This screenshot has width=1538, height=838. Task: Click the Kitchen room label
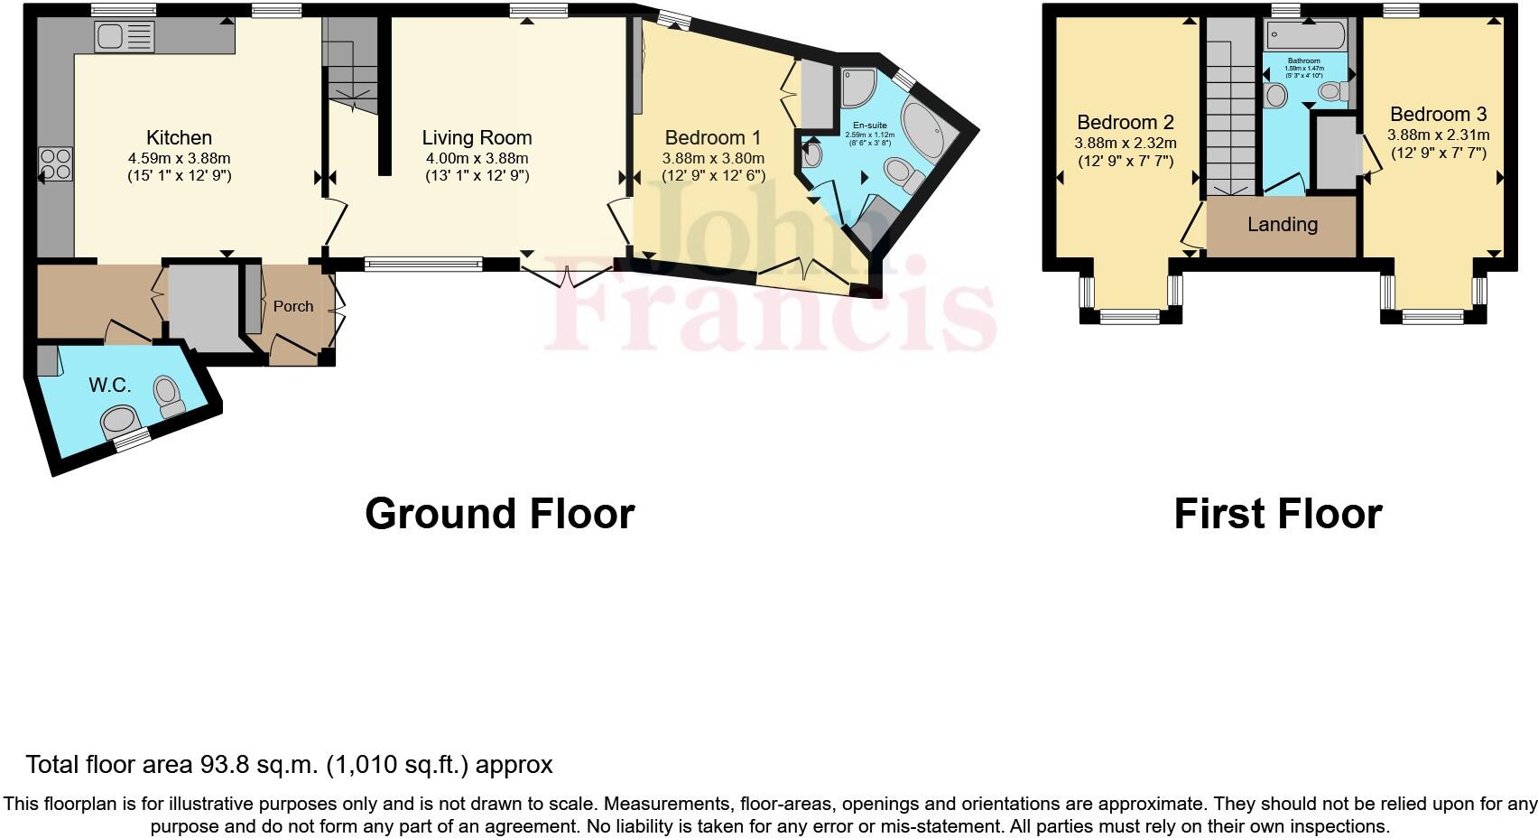(179, 137)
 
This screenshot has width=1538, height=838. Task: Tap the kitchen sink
(125, 37)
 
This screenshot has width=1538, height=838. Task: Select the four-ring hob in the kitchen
(56, 164)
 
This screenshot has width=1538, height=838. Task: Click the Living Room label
(477, 137)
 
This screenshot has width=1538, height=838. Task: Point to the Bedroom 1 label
(712, 137)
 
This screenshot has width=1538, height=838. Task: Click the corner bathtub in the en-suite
(922, 134)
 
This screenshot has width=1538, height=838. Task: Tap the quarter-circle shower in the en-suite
(857, 87)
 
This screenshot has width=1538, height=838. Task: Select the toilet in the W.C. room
(167, 396)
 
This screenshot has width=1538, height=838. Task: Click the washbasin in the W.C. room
(119, 420)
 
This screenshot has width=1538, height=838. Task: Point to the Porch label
(293, 306)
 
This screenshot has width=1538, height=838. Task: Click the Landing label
(1282, 224)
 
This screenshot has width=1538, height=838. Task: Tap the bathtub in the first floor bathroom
(1305, 37)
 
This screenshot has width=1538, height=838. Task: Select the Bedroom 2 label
(1125, 122)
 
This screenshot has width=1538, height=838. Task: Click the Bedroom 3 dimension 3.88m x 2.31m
(1438, 135)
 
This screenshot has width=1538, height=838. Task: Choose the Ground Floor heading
(499, 513)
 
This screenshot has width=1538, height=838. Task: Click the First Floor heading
(1277, 513)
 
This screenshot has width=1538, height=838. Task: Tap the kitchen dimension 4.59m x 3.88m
(179, 158)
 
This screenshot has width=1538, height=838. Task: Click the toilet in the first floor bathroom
(1332, 91)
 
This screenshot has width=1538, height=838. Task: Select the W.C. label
(110, 385)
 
